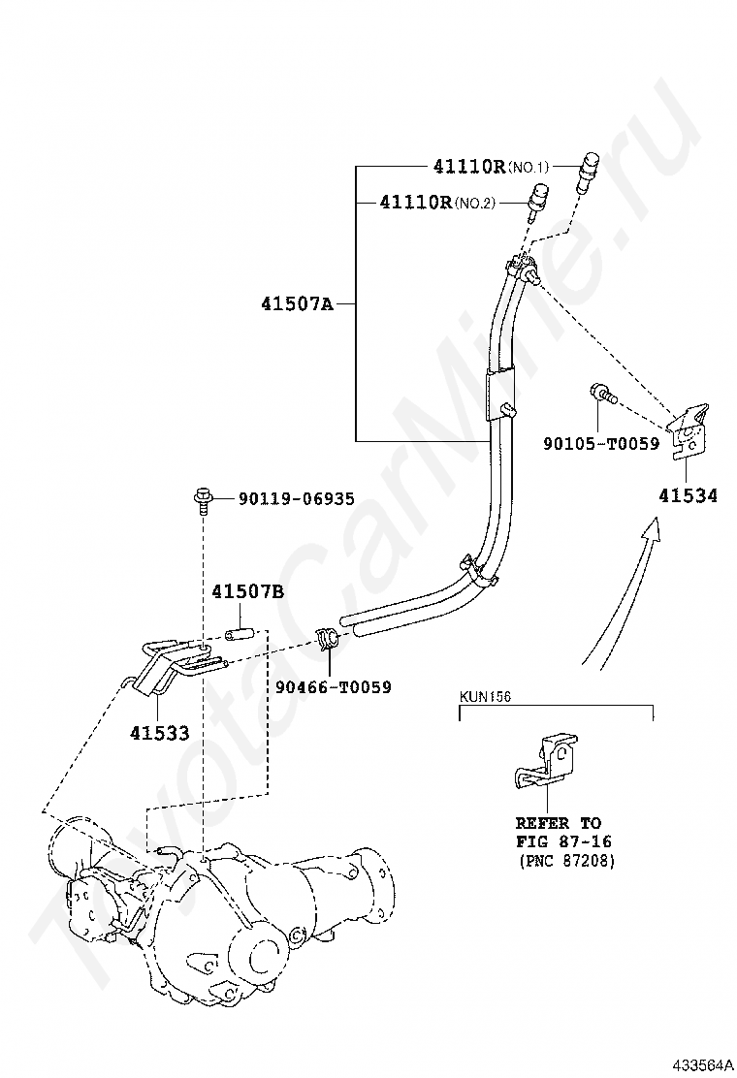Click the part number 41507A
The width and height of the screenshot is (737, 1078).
pyautogui.click(x=296, y=303)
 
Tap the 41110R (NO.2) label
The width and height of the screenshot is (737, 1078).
pyautogui.click(x=437, y=203)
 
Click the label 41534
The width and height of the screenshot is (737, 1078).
pyautogui.click(x=689, y=495)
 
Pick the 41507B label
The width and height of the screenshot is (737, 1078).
pyautogui.click(x=248, y=591)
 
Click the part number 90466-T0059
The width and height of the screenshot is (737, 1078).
pyautogui.click(x=334, y=687)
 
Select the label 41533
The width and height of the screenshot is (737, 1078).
pyautogui.click(x=160, y=733)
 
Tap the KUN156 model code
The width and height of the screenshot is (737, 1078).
pyautogui.click(x=484, y=696)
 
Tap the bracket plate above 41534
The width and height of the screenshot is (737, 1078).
pyautogui.click(x=689, y=429)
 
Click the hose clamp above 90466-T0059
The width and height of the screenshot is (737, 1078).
pyautogui.click(x=326, y=640)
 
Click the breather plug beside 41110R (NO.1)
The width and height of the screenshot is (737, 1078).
pyautogui.click(x=588, y=172)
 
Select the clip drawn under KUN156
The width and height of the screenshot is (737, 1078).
pyautogui.click(x=545, y=762)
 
